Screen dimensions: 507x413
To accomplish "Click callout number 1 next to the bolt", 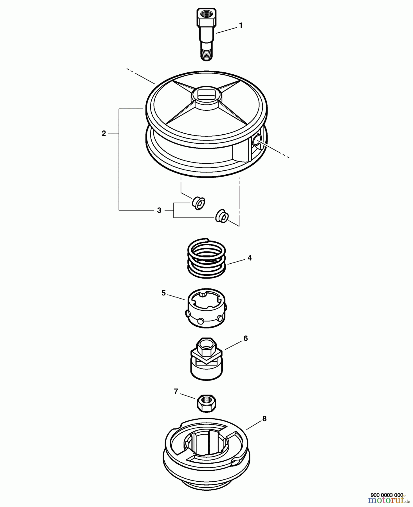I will coord(241,26).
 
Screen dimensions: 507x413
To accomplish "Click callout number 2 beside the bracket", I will coord(104,134).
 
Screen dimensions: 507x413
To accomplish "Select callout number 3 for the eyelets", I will coord(159,210).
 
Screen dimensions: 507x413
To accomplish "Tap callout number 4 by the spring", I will coord(250,258).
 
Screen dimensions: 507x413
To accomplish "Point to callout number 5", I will coord(163,293).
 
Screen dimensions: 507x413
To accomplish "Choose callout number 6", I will coord(246,338).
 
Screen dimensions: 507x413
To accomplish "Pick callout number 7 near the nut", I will coord(176,392).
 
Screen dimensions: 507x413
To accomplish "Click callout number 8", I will coord(264,419).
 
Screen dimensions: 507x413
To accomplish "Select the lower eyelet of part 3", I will coord(222,216).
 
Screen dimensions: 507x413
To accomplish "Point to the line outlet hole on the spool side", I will coord(256,140).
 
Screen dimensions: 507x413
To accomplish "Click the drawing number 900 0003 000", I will coord(387,495).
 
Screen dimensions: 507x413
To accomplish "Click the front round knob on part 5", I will coord(201,321).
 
